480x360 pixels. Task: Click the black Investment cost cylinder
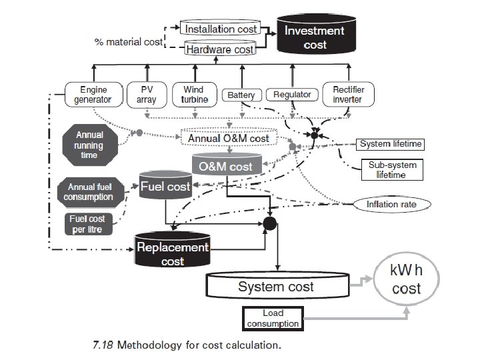pos(314,38)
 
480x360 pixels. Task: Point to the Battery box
pos(241,95)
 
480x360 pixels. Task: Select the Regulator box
pos(292,95)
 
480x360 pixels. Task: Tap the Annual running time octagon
pos(89,145)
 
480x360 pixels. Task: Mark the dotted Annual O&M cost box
pos(228,139)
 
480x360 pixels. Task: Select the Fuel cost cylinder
pos(165,187)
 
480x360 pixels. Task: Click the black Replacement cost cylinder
pos(173,253)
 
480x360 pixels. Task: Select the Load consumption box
pos(273,318)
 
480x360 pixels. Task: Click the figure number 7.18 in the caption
pos(103,346)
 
